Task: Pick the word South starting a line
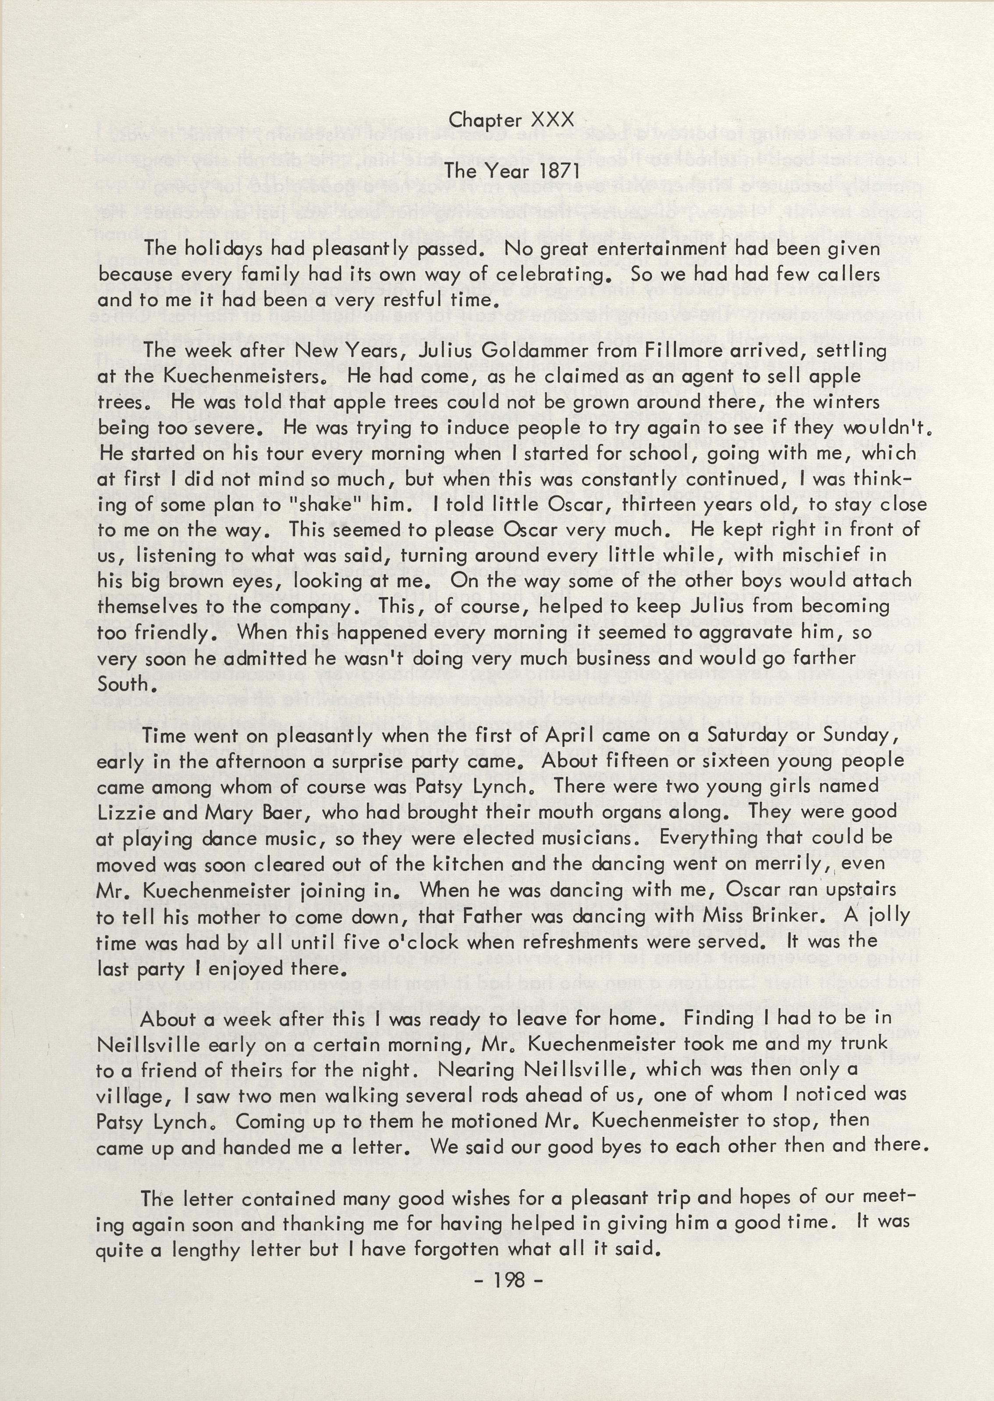122,684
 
